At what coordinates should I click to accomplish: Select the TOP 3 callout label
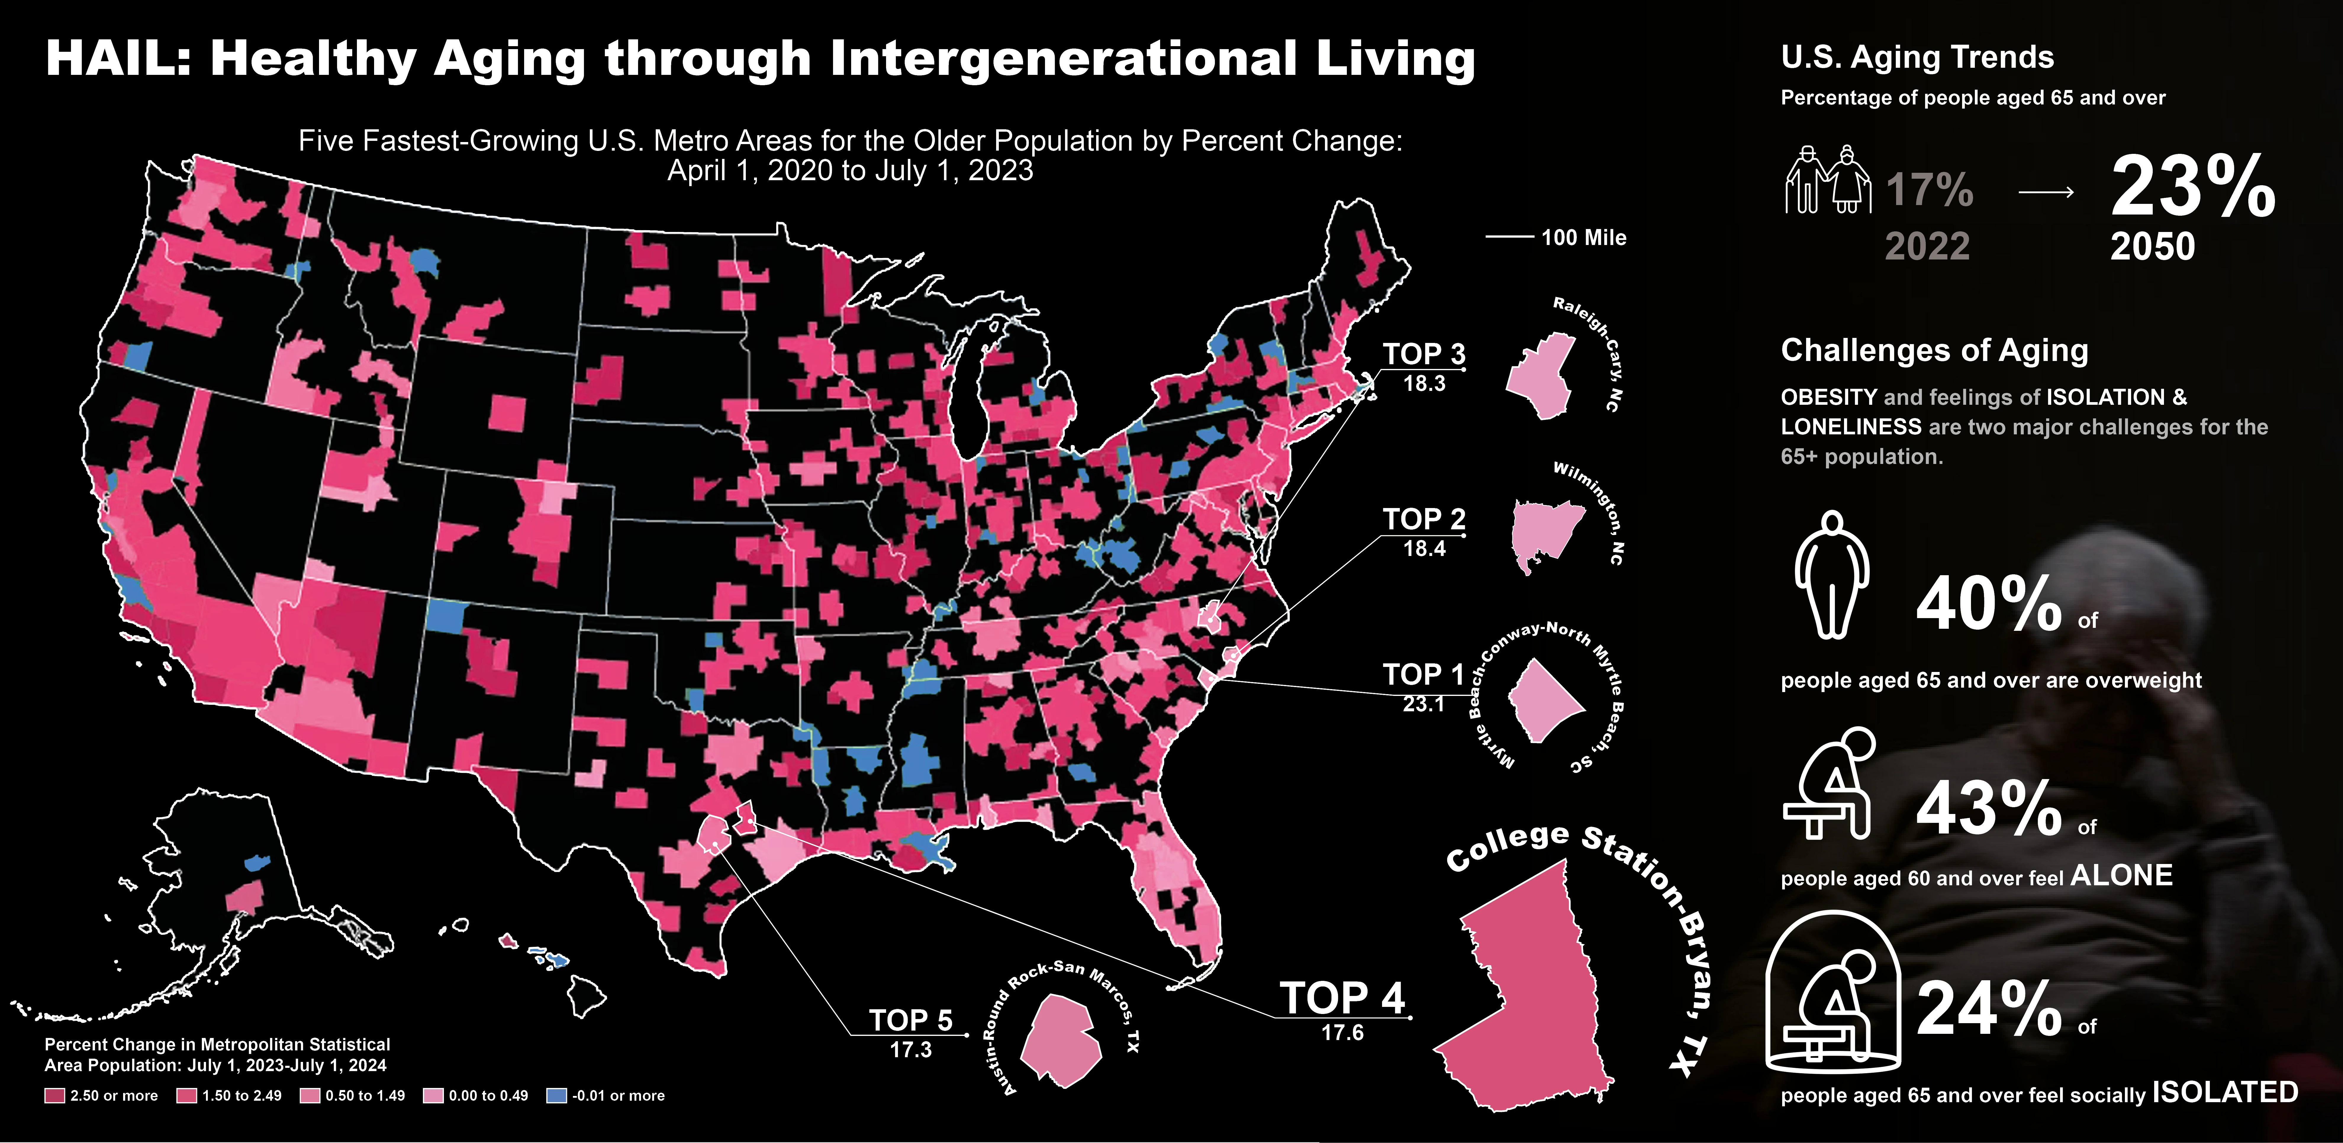point(1423,354)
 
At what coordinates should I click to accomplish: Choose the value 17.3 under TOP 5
point(910,1049)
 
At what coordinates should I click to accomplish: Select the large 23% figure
point(2192,188)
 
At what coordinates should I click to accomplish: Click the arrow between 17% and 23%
point(2046,192)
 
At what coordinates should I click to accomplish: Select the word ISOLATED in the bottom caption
point(2225,1092)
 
